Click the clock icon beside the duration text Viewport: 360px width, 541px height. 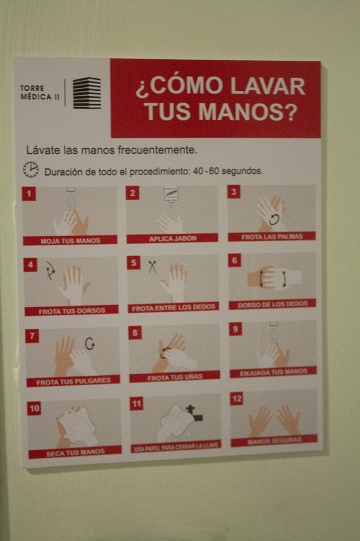click(x=31, y=170)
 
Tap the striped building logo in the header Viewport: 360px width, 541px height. click(x=87, y=93)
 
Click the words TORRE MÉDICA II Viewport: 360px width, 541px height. click(x=40, y=92)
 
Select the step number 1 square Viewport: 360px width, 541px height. click(x=29, y=193)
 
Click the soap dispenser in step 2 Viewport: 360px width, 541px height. click(x=171, y=195)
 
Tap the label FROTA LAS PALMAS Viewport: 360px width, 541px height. click(x=272, y=237)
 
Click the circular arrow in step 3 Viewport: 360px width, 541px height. click(x=274, y=219)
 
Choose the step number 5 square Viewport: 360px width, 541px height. click(x=134, y=263)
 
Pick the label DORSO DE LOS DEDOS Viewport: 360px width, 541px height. click(x=272, y=304)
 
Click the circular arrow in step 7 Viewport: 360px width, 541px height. click(x=90, y=343)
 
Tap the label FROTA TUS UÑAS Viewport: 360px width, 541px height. click(x=175, y=377)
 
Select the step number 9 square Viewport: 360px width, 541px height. click(x=235, y=329)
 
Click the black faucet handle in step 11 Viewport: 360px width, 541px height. click(x=194, y=414)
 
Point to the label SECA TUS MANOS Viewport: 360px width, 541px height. click(x=75, y=453)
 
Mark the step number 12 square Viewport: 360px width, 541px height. click(x=236, y=399)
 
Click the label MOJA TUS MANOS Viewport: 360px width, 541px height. click(x=70, y=240)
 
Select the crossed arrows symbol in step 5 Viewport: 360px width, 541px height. click(x=152, y=267)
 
